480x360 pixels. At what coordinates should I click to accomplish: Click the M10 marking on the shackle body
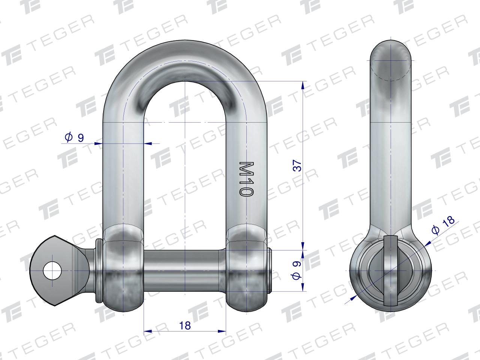tap(246, 179)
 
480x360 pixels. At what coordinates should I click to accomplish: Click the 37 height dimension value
tap(297, 166)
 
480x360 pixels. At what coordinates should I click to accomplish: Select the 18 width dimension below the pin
tap(185, 325)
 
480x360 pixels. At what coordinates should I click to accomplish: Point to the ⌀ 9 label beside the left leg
tap(74, 138)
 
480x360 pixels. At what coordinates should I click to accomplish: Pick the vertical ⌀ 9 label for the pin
tap(296, 270)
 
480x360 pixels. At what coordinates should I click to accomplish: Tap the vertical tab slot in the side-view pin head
tap(391, 270)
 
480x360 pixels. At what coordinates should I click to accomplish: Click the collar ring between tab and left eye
tap(99, 270)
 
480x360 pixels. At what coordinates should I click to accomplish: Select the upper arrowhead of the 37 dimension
tap(303, 85)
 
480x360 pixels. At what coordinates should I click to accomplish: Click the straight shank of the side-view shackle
tap(391, 150)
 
